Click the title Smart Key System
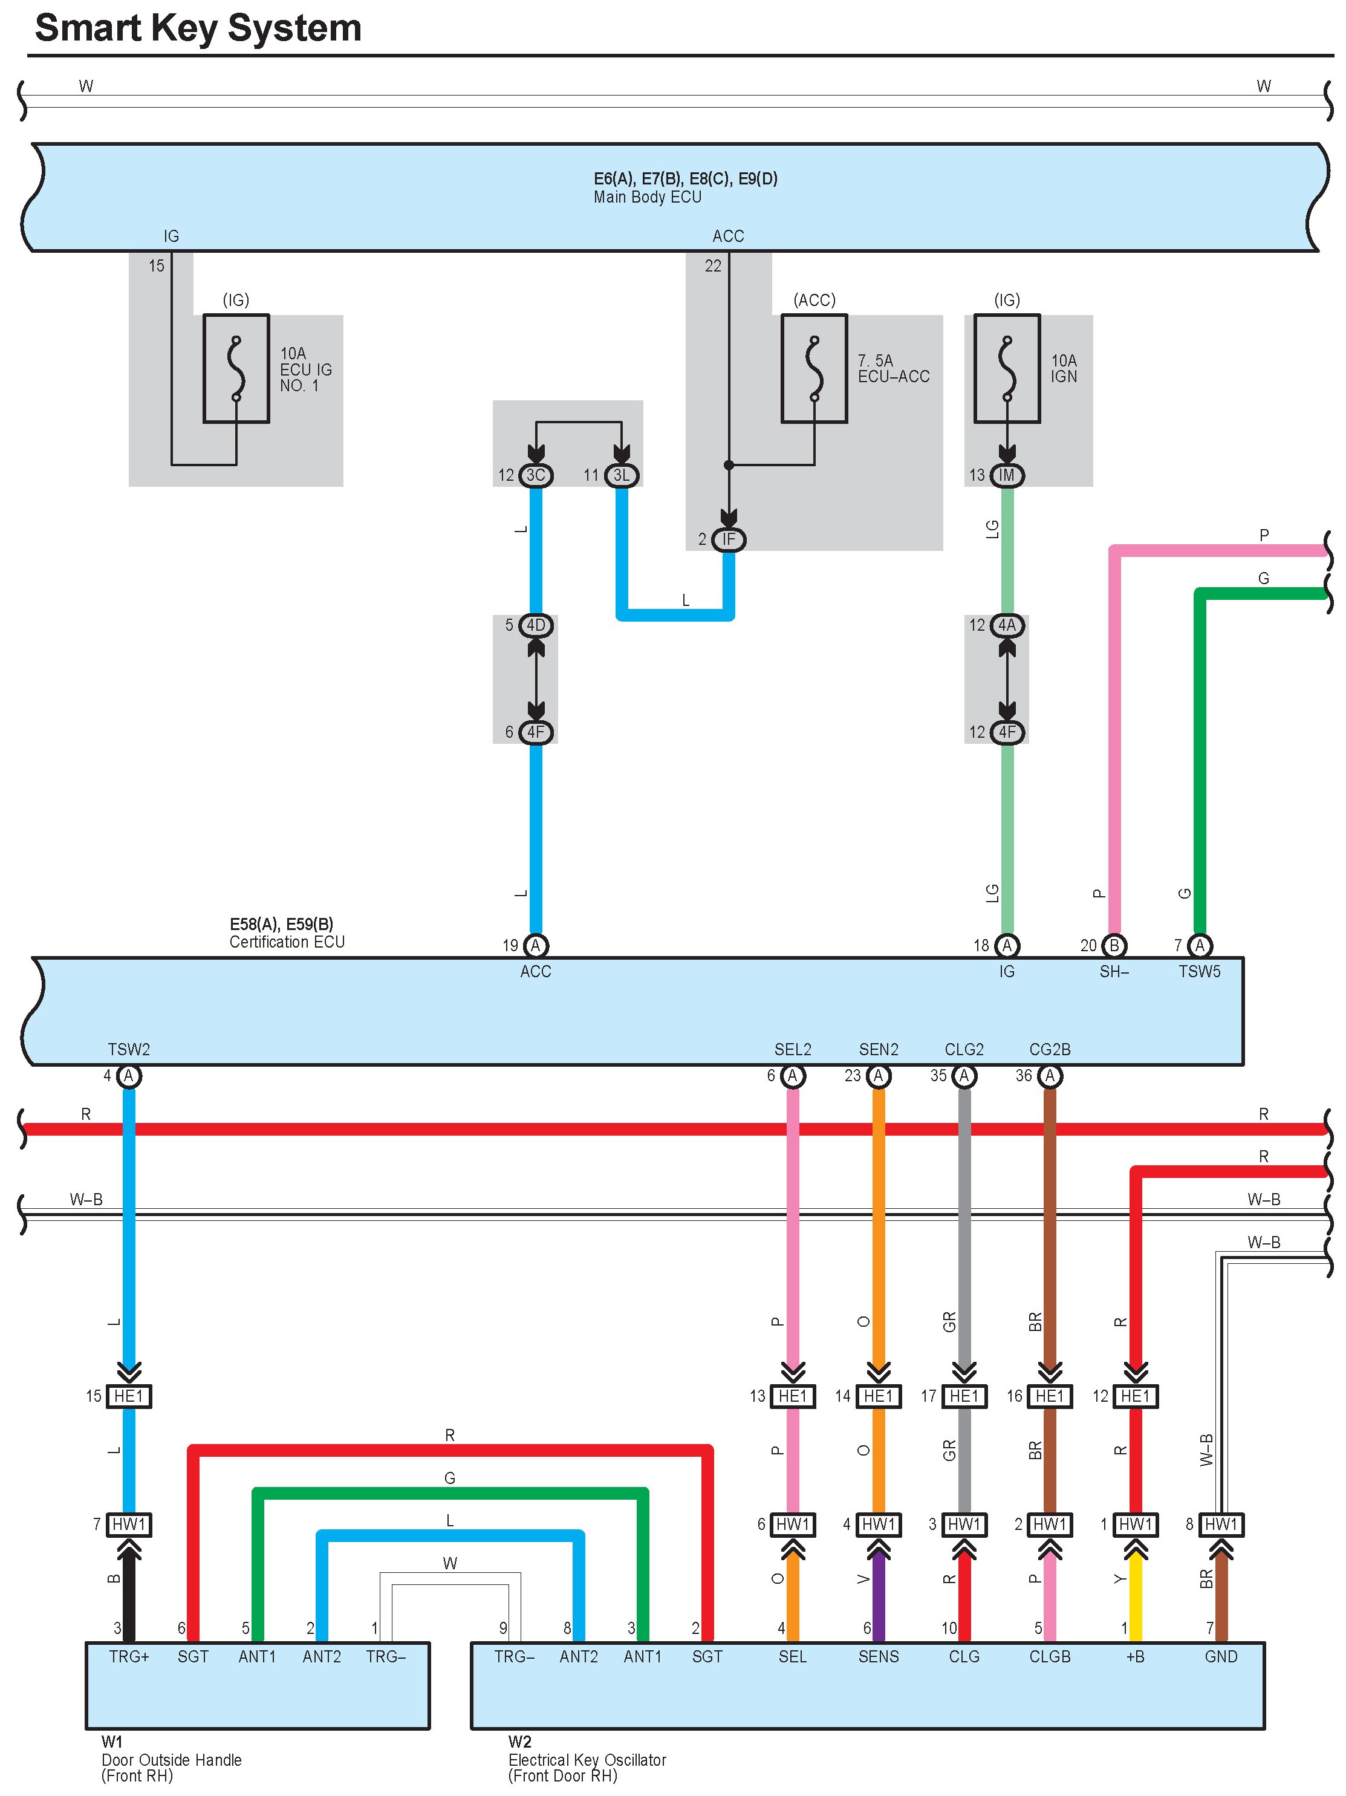[198, 28]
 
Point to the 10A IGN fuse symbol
[1007, 369]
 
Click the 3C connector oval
[536, 475]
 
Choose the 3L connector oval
[622, 475]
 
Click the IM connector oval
[1007, 475]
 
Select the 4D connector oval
[536, 625]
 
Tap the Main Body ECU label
[647, 197]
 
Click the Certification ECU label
[287, 942]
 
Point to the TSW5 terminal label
[1199, 971]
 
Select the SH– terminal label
[1114, 971]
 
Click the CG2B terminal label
[1050, 1049]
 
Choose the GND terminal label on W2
[1221, 1656]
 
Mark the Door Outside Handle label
[171, 1760]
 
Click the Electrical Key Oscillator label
[587, 1760]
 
